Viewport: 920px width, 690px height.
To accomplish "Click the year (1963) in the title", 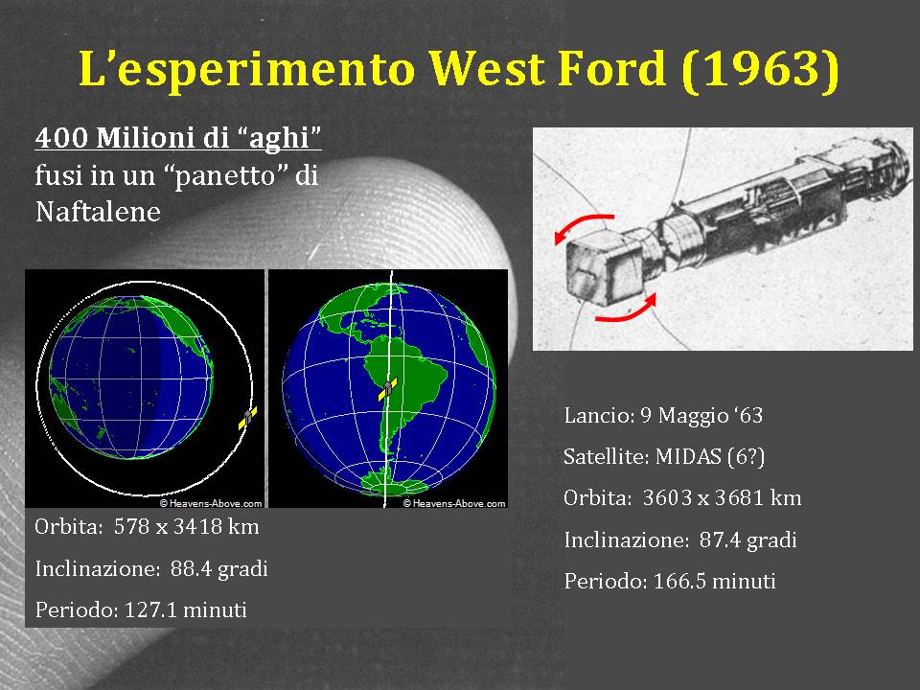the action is pyautogui.click(x=761, y=69).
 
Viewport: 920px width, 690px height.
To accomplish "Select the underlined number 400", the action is pyautogui.click(x=61, y=137).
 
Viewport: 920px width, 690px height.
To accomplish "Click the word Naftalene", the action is pyautogui.click(x=98, y=212).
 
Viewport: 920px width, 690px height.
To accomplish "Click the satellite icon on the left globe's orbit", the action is pyautogui.click(x=248, y=417).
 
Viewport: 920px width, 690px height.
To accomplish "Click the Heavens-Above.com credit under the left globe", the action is pyautogui.click(x=211, y=503).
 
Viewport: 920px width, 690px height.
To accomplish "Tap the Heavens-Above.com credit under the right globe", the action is pyautogui.click(x=454, y=503).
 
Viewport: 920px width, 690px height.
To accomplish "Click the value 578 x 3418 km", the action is pyautogui.click(x=187, y=526).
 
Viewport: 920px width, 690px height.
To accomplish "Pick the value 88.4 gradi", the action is pyautogui.click(x=219, y=568).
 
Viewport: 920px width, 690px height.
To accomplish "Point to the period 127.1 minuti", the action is pyautogui.click(x=185, y=610).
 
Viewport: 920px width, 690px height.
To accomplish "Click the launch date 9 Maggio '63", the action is pyautogui.click(x=701, y=415).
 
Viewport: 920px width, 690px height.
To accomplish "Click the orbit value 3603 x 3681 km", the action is pyautogui.click(x=723, y=498).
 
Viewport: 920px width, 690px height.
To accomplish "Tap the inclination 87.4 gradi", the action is pyautogui.click(x=748, y=540).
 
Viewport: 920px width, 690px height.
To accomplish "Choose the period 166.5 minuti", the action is pyautogui.click(x=715, y=582).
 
